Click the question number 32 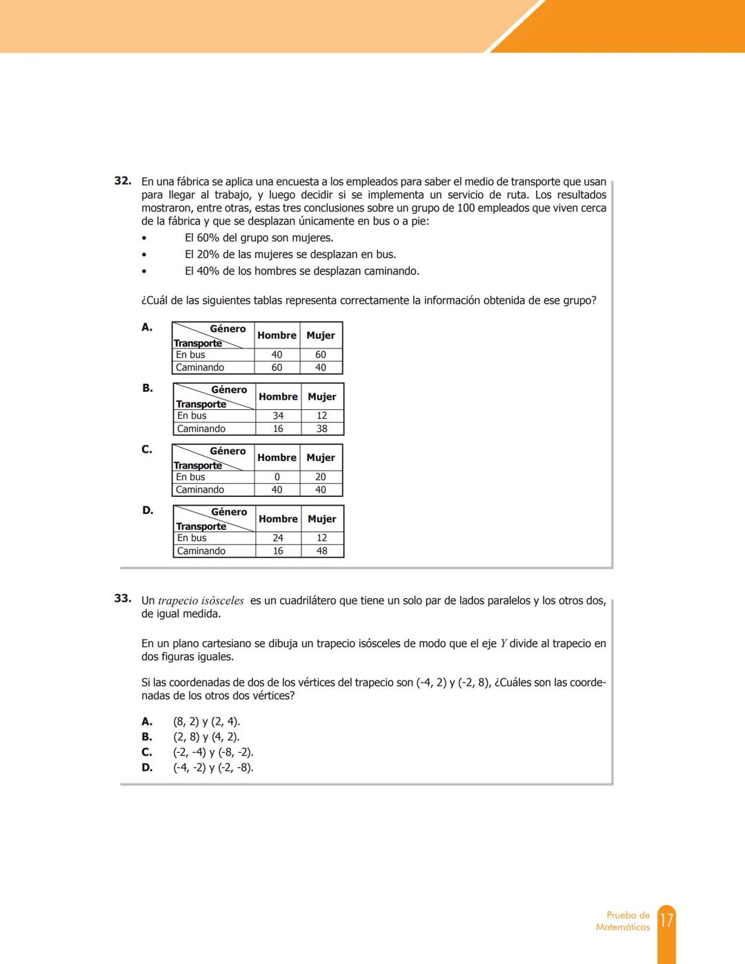point(123,181)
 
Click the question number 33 point(123,598)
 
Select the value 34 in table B point(278,416)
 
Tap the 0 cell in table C point(277,477)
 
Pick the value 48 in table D point(322,551)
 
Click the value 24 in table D point(278,538)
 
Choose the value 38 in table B point(322,429)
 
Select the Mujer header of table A point(321,335)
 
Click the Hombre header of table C point(277,458)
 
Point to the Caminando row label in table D point(201,551)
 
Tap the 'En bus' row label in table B point(192,416)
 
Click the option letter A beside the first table point(147,327)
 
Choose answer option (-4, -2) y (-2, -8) point(213,767)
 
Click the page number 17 point(666,921)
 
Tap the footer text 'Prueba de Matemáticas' point(623,921)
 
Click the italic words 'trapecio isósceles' point(201,601)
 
